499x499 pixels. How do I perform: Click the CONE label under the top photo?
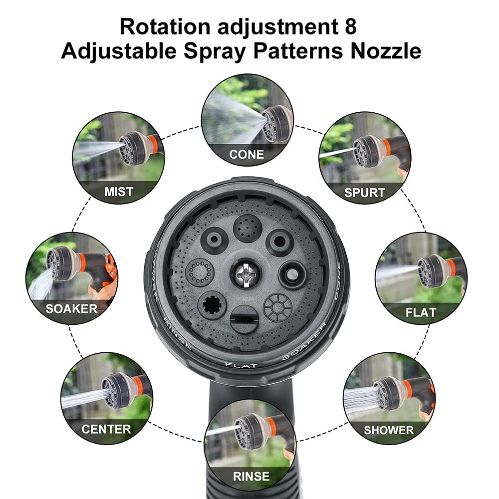[x=247, y=154]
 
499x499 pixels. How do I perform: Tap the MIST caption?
[x=119, y=192]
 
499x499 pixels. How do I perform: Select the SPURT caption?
[x=364, y=193]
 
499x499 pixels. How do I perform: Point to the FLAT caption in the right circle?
[x=421, y=313]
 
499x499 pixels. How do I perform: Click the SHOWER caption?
[x=389, y=430]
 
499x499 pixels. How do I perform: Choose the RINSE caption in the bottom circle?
[x=251, y=476]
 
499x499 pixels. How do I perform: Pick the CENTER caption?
[x=106, y=429]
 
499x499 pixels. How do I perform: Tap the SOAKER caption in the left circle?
[x=71, y=308]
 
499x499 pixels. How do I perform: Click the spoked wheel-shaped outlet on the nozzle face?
[x=277, y=307]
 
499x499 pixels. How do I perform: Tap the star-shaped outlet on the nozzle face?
[x=212, y=305]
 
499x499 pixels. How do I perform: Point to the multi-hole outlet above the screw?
[x=248, y=229]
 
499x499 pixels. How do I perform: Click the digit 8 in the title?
[x=350, y=26]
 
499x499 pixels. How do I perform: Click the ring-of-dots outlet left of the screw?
[x=200, y=272]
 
